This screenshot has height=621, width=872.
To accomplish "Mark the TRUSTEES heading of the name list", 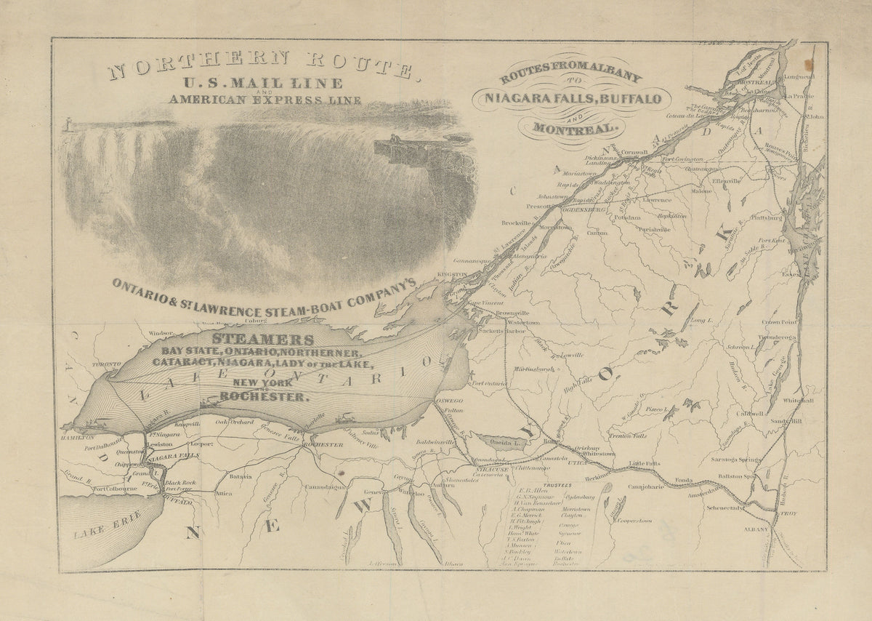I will [553, 484].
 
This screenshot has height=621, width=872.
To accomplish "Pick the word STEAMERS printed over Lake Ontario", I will [263, 339].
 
